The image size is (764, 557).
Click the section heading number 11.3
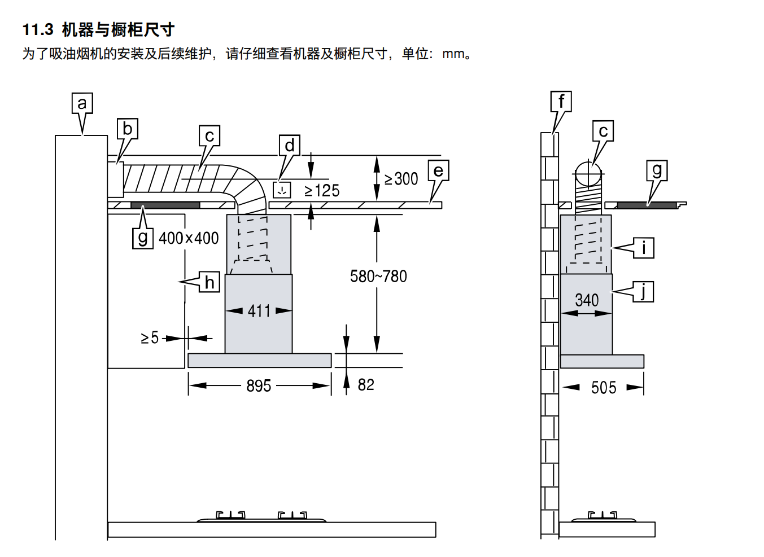(38, 30)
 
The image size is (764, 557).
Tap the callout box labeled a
(82, 104)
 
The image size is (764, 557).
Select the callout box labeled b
(127, 129)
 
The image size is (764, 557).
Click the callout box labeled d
(289, 146)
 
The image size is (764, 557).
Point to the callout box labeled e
(438, 171)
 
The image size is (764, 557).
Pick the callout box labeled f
(561, 102)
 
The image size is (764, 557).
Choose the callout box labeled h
(209, 282)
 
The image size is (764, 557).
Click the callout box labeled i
(643, 248)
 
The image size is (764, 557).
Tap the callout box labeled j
(643, 291)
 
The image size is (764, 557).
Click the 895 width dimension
(259, 386)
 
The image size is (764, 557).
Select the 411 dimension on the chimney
(259, 311)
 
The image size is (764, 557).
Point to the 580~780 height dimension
(378, 277)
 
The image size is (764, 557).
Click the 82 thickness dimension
(366, 385)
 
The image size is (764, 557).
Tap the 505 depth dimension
(603, 388)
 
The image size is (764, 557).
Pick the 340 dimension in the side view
(587, 300)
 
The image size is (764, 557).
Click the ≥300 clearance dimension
(401, 179)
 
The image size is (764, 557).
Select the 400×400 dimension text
(189, 238)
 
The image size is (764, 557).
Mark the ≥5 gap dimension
(150, 338)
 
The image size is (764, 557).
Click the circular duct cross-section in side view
(587, 174)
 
